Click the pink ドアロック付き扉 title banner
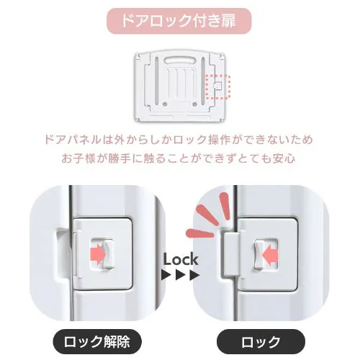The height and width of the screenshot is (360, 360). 179,21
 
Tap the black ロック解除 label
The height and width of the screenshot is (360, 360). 97,341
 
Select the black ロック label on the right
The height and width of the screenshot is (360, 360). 261,341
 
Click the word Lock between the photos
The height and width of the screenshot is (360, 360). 181,259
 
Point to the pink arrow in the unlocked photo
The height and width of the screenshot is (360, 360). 98,253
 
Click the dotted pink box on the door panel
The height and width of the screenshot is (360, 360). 217,86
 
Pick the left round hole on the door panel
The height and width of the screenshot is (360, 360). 165,104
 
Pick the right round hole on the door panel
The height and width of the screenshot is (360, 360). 194,104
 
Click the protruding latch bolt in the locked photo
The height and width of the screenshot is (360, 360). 230,254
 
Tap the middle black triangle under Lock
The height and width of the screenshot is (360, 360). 181,275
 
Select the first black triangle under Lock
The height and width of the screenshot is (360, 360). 166,275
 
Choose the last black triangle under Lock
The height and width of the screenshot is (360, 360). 194,275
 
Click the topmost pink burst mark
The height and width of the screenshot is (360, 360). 225,206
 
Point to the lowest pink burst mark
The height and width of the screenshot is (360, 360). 199,233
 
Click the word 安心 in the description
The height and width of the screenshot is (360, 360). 286,158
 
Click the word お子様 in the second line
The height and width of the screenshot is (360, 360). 78,158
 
